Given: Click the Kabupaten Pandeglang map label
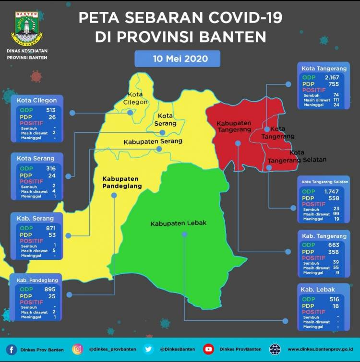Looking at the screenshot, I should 120,182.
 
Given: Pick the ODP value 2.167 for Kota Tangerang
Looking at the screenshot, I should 332,77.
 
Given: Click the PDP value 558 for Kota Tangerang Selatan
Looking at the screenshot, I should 334,198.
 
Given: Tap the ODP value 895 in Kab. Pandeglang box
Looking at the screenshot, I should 49,289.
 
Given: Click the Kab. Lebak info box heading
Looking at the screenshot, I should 318,289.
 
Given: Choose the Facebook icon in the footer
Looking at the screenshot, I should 12,350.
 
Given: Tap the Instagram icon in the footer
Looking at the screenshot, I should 78,350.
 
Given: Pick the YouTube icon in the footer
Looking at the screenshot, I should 208,350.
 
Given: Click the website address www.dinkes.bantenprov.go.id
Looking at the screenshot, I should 321,350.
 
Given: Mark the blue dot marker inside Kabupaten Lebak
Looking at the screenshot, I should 184,234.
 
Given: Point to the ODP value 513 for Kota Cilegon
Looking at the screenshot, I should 51,109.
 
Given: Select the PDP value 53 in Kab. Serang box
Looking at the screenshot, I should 52,235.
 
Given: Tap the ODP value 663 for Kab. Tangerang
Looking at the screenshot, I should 334,245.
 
